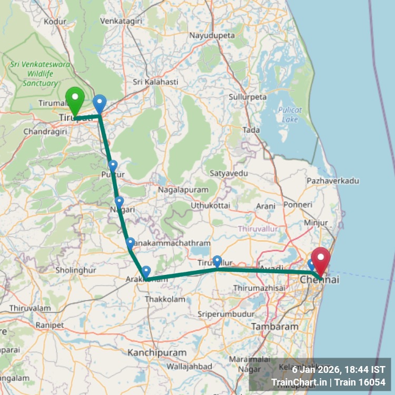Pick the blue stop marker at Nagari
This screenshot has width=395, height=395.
(119, 202)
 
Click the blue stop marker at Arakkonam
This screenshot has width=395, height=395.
(146, 272)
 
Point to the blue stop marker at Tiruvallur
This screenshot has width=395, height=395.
(217, 261)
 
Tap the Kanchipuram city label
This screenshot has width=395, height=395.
(157, 352)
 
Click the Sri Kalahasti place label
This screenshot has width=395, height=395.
(155, 82)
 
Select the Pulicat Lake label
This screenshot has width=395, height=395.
(290, 115)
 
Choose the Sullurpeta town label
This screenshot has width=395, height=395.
(248, 97)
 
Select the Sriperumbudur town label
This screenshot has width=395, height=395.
(226, 314)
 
